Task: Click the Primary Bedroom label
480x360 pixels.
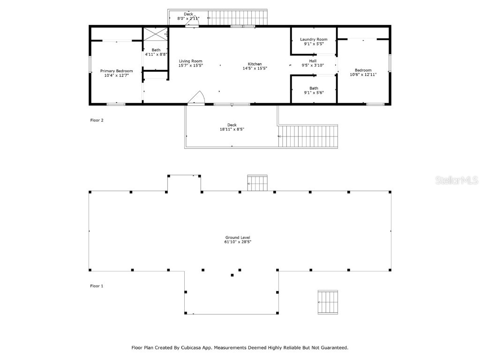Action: [116, 71]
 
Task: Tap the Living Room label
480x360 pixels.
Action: [190, 61]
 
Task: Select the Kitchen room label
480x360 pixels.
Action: [255, 64]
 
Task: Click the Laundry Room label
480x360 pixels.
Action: [314, 39]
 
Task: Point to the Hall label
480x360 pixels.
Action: [313, 61]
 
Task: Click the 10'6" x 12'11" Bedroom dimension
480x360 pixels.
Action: [363, 75]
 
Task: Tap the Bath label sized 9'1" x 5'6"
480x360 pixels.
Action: [314, 88]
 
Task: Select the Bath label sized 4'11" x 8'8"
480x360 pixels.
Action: [156, 50]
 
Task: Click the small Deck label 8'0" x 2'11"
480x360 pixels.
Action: [188, 14]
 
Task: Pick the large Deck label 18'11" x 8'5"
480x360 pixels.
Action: [232, 125]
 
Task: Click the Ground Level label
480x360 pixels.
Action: [238, 238]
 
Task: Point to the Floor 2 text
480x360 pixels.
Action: [97, 120]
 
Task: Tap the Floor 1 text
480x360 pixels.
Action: [97, 285]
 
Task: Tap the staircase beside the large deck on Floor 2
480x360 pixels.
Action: [308, 136]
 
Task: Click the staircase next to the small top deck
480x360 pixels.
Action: [237, 17]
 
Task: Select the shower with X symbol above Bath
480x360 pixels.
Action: [155, 34]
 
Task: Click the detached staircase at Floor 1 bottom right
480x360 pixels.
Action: [328, 302]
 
